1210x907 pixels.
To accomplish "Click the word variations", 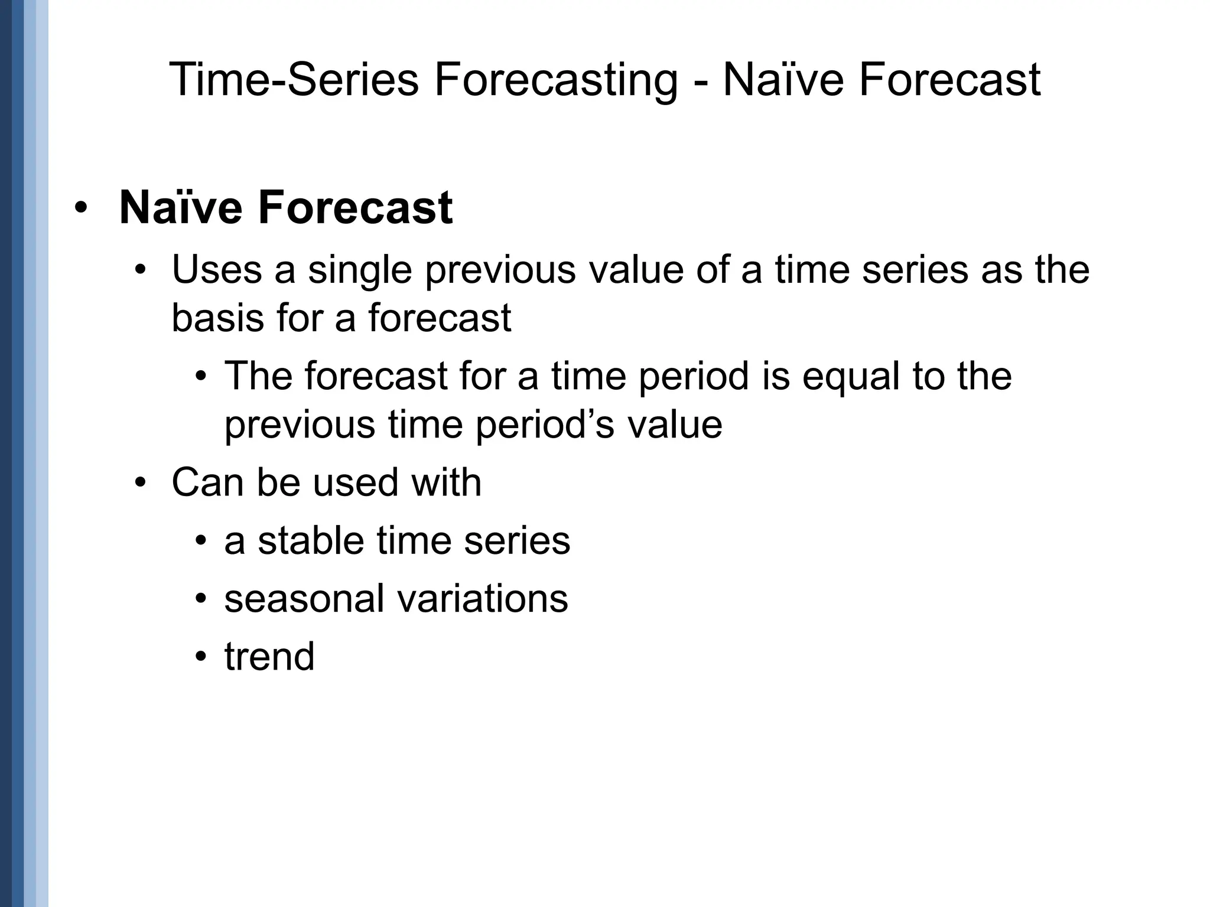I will tap(482, 598).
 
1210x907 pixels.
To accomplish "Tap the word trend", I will tap(269, 657).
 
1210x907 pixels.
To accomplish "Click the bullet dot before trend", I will tap(202, 657).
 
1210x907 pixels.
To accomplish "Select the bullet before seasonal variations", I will tap(202, 599).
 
